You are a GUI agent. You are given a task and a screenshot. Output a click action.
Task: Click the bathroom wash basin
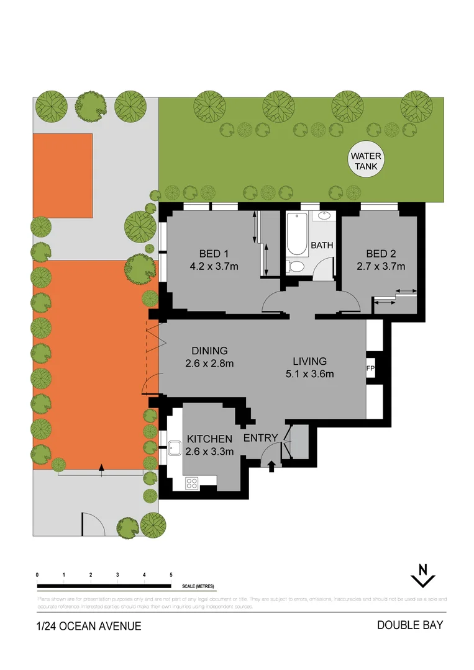coord(324,217)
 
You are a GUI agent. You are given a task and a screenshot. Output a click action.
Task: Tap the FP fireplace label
coord(371,368)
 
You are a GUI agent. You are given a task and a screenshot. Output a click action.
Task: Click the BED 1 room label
coord(214,253)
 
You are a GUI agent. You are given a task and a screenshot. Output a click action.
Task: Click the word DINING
coord(209,351)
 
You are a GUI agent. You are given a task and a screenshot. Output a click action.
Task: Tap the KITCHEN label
coord(210,439)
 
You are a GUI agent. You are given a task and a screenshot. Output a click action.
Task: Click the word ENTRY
coord(260,438)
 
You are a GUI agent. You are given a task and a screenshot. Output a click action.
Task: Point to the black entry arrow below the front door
coord(271,467)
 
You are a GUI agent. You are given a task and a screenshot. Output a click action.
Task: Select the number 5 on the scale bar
coord(171,576)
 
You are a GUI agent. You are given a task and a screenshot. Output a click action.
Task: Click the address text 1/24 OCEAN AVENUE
coord(89,626)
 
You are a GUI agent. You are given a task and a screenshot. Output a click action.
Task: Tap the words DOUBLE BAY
coord(410,625)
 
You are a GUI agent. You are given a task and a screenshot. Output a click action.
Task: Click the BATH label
coord(322,246)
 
